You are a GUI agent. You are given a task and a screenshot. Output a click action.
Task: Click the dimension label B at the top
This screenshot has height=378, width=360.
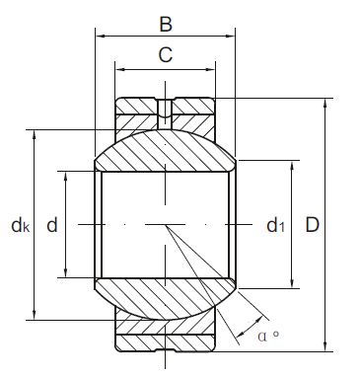coord(166,21)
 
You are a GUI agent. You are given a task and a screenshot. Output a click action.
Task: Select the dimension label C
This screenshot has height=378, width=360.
coord(166,56)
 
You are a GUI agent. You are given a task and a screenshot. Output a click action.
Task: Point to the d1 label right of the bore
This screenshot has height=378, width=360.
coord(276,226)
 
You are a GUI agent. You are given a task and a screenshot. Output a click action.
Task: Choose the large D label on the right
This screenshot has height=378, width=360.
coord(312,226)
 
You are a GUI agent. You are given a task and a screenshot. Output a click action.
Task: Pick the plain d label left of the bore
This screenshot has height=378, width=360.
coord(51,226)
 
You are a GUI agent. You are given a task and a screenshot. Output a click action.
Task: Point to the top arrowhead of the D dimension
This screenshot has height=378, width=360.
coord(326,103)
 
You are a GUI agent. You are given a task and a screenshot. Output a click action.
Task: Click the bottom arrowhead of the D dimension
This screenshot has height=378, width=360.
coord(326,346)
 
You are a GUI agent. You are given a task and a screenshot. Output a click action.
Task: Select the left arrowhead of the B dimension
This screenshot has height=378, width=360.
coord(100,36)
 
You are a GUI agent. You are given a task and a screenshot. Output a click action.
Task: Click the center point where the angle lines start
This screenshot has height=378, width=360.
coord(166,226)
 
